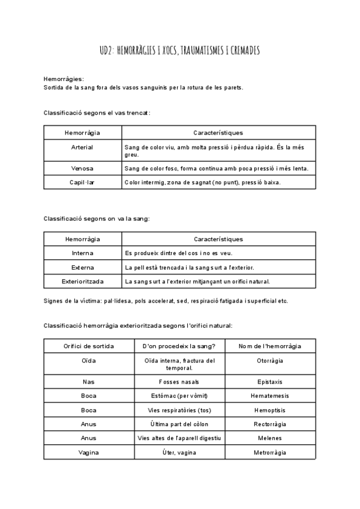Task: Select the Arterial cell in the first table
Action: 82,147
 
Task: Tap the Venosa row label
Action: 82,169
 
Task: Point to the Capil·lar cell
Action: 82,182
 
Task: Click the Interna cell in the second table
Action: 82,253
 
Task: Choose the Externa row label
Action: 82,267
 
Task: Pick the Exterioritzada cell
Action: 82,281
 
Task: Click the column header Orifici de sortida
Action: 89,346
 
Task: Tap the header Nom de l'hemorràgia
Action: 269,346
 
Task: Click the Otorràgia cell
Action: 269,360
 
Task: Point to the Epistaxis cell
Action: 269,381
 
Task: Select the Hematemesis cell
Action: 269,396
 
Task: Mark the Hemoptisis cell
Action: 269,410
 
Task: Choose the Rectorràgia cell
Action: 269,424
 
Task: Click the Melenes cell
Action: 269,438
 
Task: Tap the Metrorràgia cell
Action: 269,453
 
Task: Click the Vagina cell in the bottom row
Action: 89,453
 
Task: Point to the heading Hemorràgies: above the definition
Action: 64,79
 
